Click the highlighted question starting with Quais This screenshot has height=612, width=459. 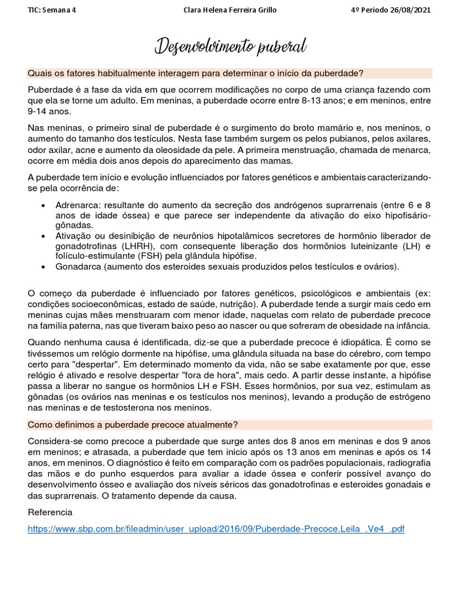[195, 73]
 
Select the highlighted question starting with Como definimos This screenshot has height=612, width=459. [133, 424]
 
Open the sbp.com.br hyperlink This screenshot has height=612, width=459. [216, 530]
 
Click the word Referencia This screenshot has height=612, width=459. [50, 512]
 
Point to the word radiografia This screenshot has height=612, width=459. [406, 463]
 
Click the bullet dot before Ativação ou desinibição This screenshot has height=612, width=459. [44, 235]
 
